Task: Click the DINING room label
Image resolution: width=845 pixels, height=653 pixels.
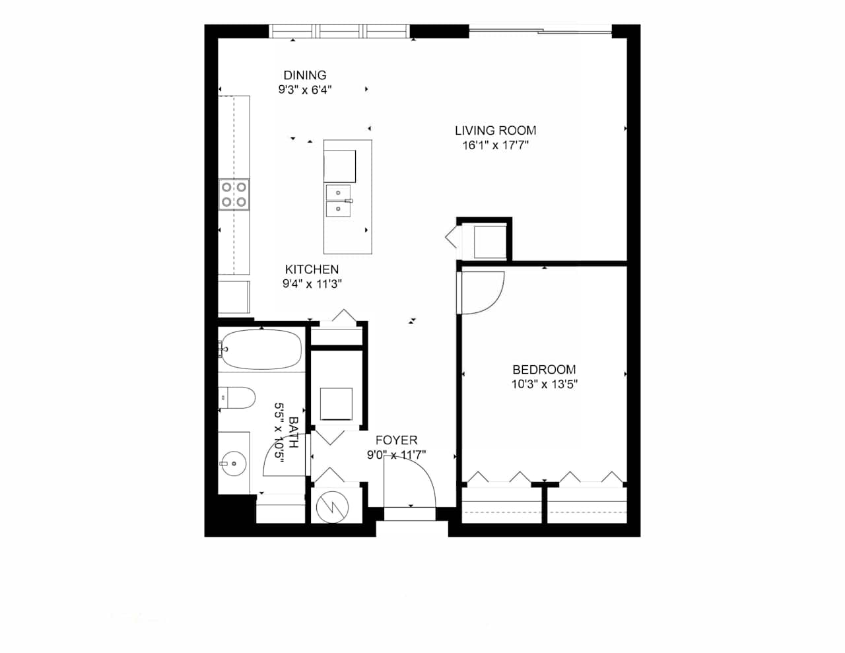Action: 305,75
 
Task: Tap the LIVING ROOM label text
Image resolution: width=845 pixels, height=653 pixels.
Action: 495,131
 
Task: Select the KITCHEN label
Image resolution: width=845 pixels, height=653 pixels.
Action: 312,269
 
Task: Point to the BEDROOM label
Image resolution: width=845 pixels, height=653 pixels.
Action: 544,370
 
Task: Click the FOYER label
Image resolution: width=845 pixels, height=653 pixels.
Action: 396,440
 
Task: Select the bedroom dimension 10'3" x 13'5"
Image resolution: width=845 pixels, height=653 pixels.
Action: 544,384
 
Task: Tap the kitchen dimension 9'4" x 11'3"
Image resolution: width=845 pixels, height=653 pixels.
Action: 312,284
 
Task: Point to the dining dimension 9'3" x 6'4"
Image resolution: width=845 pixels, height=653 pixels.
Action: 305,90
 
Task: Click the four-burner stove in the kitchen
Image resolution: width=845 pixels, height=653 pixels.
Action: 234,195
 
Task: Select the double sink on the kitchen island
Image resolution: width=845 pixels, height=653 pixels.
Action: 339,201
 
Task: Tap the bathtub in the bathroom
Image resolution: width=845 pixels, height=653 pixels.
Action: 261,349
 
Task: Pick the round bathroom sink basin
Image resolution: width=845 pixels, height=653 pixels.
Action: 233,463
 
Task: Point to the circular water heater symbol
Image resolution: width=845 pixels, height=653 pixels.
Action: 332,506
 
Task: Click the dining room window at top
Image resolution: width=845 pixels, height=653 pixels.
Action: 340,31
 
